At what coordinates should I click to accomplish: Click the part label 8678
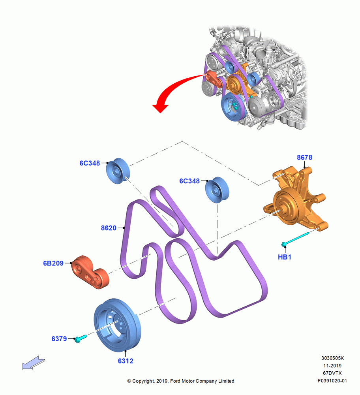(x=304, y=158)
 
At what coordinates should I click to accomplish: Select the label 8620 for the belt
(x=109, y=228)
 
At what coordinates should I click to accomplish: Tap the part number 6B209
(x=53, y=263)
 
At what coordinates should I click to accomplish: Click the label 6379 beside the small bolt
(x=59, y=339)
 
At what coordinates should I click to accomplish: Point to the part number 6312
(x=126, y=361)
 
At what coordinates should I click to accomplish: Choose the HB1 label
(x=285, y=257)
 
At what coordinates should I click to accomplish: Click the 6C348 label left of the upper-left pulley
(x=90, y=163)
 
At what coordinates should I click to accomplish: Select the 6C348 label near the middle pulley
(x=189, y=181)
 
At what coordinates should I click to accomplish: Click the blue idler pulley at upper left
(x=118, y=171)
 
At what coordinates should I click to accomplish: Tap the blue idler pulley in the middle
(x=217, y=190)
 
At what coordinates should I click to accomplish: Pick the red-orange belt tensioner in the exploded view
(x=90, y=272)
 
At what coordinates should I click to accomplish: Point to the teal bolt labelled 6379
(x=80, y=338)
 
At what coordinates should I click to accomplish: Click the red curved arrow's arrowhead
(x=160, y=108)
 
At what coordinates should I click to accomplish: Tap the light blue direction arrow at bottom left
(x=34, y=363)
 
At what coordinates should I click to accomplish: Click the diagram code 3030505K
(x=332, y=358)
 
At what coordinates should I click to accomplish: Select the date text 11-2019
(x=332, y=365)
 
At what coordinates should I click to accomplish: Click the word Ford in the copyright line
(x=175, y=381)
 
